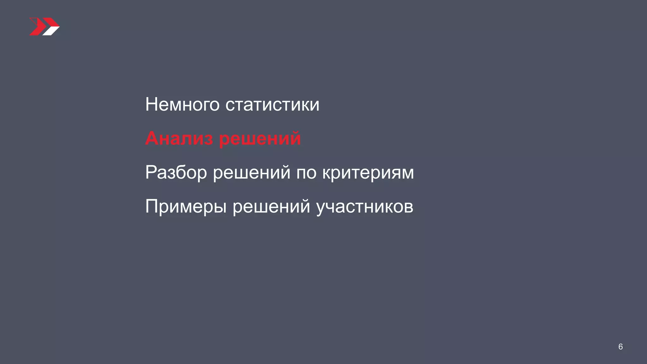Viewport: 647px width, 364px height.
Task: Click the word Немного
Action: click(x=182, y=105)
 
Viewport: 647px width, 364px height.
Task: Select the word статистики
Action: click(x=272, y=105)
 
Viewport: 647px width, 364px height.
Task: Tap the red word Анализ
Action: click(x=179, y=138)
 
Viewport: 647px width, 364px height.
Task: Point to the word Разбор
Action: click(x=176, y=173)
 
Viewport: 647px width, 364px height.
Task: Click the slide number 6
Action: click(x=620, y=347)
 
